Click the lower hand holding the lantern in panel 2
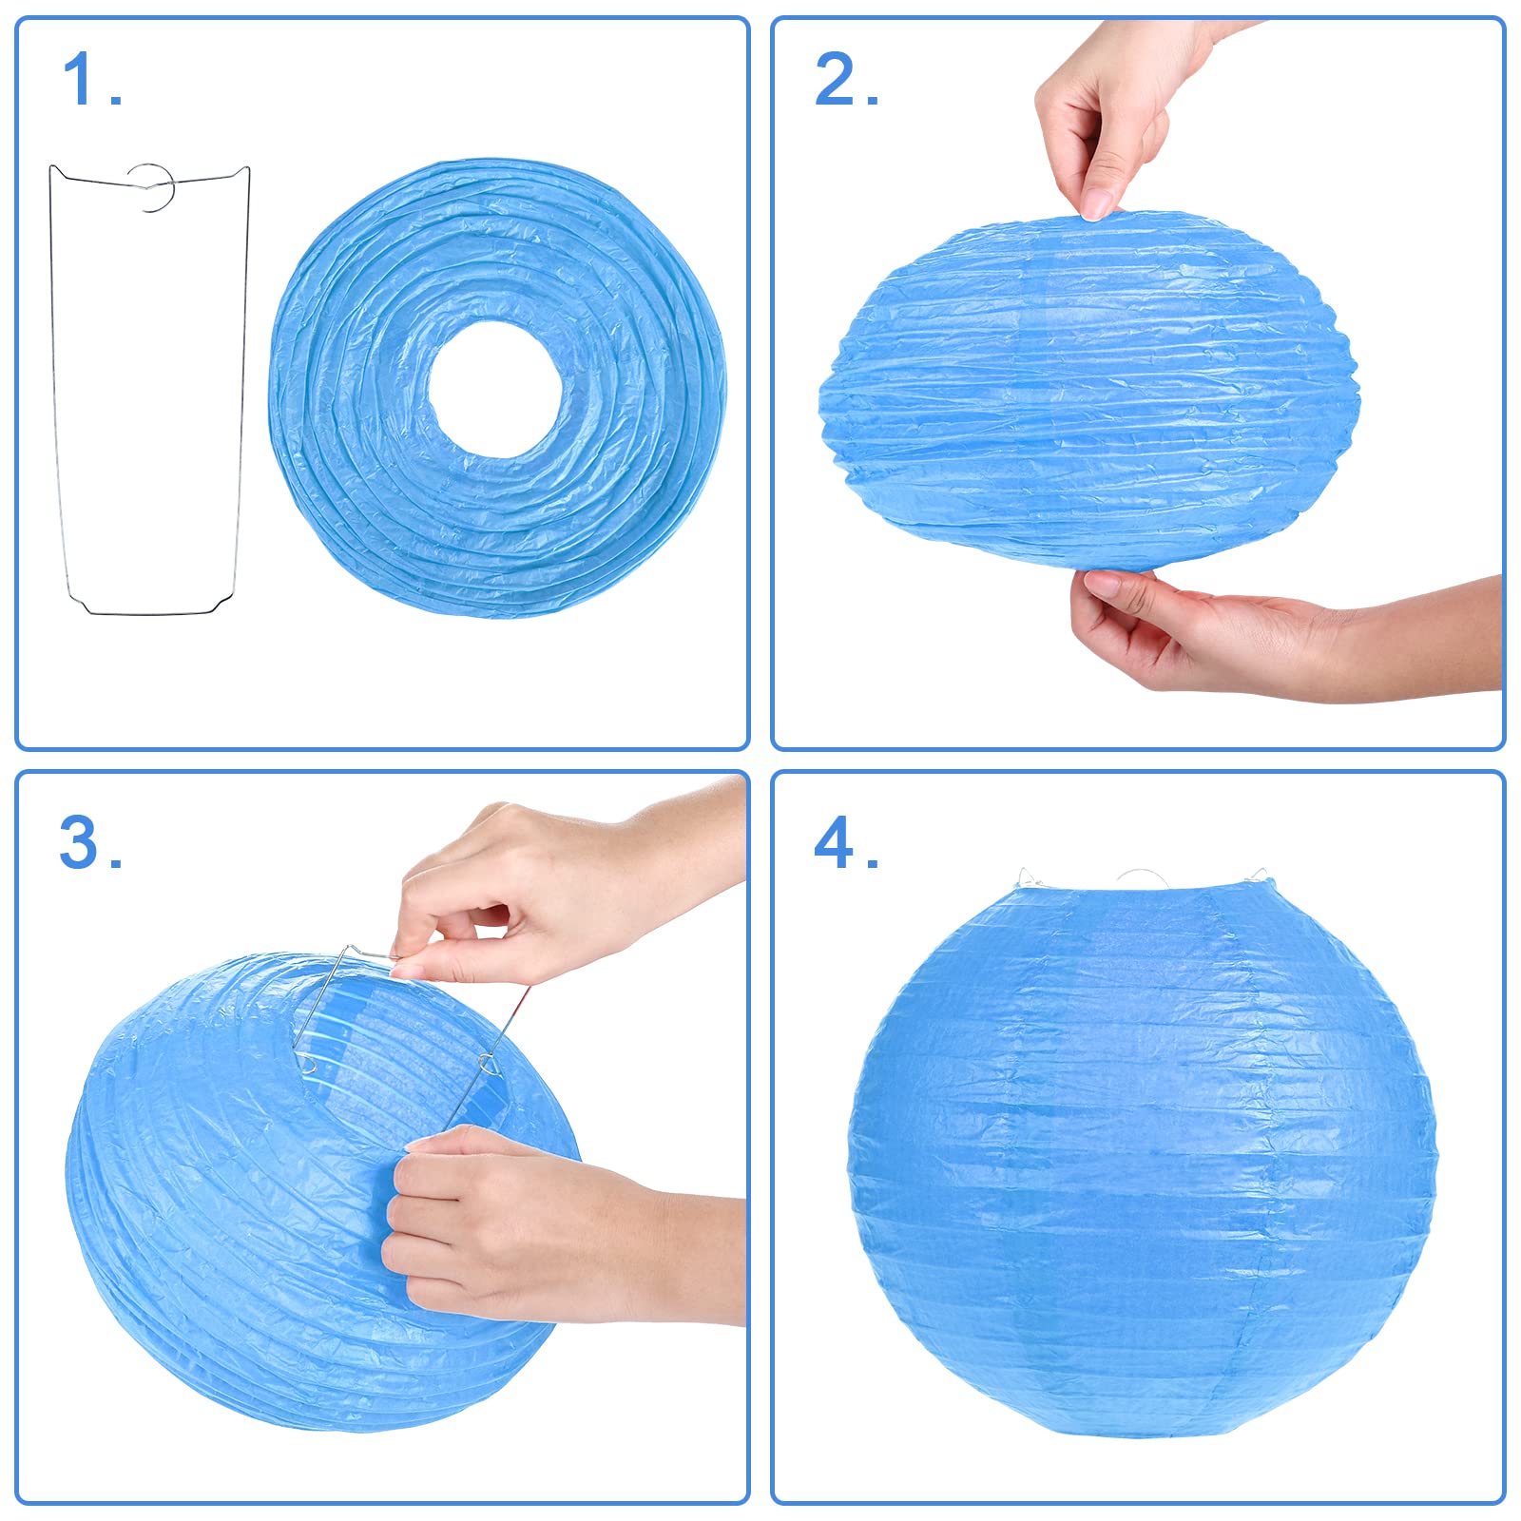tap(1236, 632)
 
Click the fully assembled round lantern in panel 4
tap(1141, 1169)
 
